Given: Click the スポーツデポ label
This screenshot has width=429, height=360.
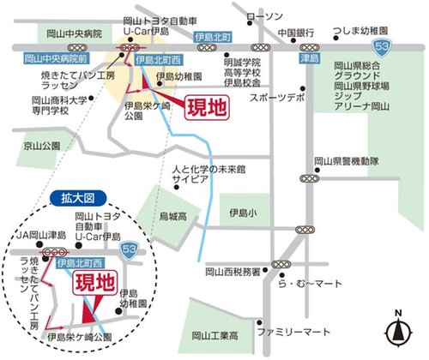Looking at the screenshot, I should tap(276, 99).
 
